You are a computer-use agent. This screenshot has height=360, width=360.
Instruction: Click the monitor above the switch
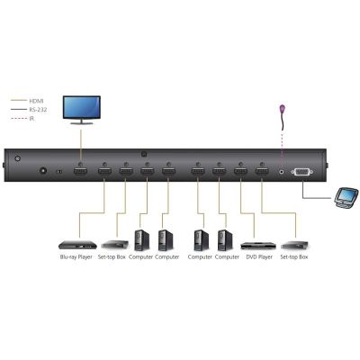coord(81,110)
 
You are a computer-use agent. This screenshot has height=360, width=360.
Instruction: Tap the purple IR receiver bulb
coord(283,108)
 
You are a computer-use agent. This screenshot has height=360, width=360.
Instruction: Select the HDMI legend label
coord(36,101)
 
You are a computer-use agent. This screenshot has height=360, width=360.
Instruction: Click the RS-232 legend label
coord(38,110)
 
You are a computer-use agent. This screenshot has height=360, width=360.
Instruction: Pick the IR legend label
coord(31,119)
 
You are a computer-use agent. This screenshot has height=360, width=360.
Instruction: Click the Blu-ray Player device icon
coord(77,245)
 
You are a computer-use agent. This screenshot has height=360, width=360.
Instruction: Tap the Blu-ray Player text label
coord(76,257)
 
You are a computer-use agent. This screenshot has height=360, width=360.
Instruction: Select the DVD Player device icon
coord(258,245)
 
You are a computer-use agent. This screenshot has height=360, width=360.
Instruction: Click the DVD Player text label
coord(259,257)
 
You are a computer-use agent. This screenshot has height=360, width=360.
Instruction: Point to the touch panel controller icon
coord(346,197)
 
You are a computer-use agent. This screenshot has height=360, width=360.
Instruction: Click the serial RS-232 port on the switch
coord(302,172)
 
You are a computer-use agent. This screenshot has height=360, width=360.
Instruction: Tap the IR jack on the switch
coord(282,172)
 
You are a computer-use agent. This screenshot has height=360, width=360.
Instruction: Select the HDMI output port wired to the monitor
coord(80,172)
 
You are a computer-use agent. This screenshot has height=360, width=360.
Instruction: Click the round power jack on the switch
coord(44,170)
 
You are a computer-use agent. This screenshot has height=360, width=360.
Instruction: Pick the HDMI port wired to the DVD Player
coord(240,172)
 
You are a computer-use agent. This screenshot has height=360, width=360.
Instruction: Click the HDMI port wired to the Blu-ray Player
coord(104,172)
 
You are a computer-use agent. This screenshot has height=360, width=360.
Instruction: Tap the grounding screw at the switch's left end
coord(18,157)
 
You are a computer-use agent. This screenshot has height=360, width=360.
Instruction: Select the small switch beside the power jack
coord(59,172)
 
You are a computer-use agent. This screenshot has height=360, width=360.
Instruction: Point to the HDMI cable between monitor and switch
coord(80,146)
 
